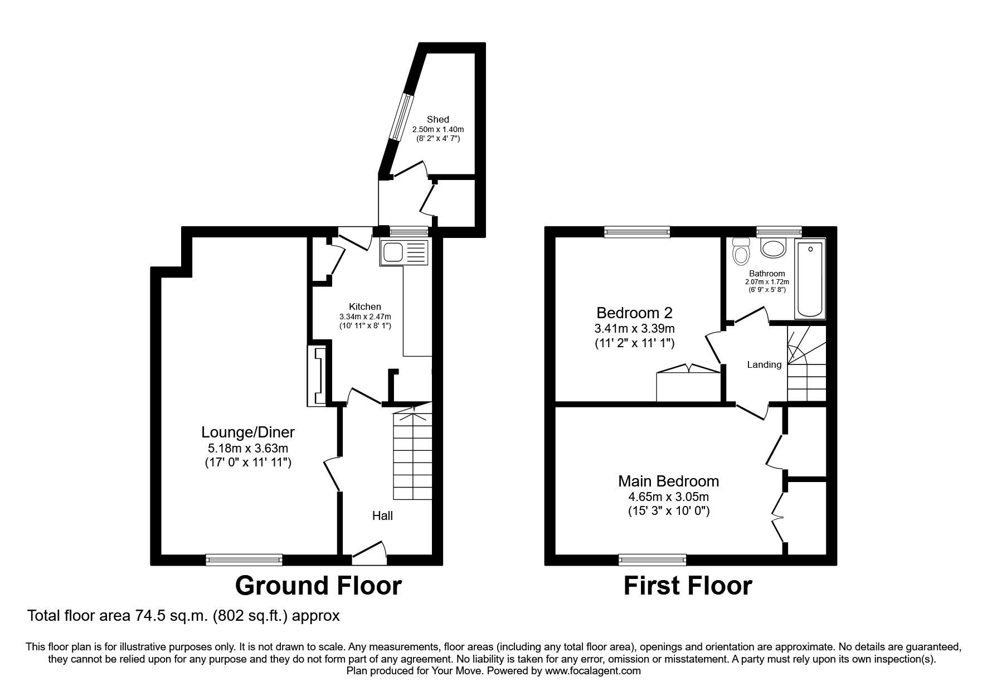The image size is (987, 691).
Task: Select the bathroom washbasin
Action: pyautogui.click(x=773, y=249)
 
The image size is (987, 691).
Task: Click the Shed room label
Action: pyautogui.click(x=437, y=119)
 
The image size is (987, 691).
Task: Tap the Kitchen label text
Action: pyautogui.click(x=365, y=306)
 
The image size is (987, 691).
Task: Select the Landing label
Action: pyautogui.click(x=764, y=364)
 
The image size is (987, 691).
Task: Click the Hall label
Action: pyautogui.click(x=382, y=516)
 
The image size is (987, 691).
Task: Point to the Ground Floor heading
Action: pyautogui.click(x=318, y=586)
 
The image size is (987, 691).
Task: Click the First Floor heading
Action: pyautogui.click(x=688, y=586)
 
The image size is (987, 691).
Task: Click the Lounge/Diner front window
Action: pyautogui.click(x=244, y=559)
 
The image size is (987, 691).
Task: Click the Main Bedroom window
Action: pyautogui.click(x=652, y=559)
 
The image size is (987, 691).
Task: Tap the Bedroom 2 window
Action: pyautogui.click(x=637, y=231)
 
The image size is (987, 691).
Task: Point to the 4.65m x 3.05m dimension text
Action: pyautogui.click(x=668, y=497)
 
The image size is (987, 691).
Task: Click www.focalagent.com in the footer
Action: pyautogui.click(x=592, y=671)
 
